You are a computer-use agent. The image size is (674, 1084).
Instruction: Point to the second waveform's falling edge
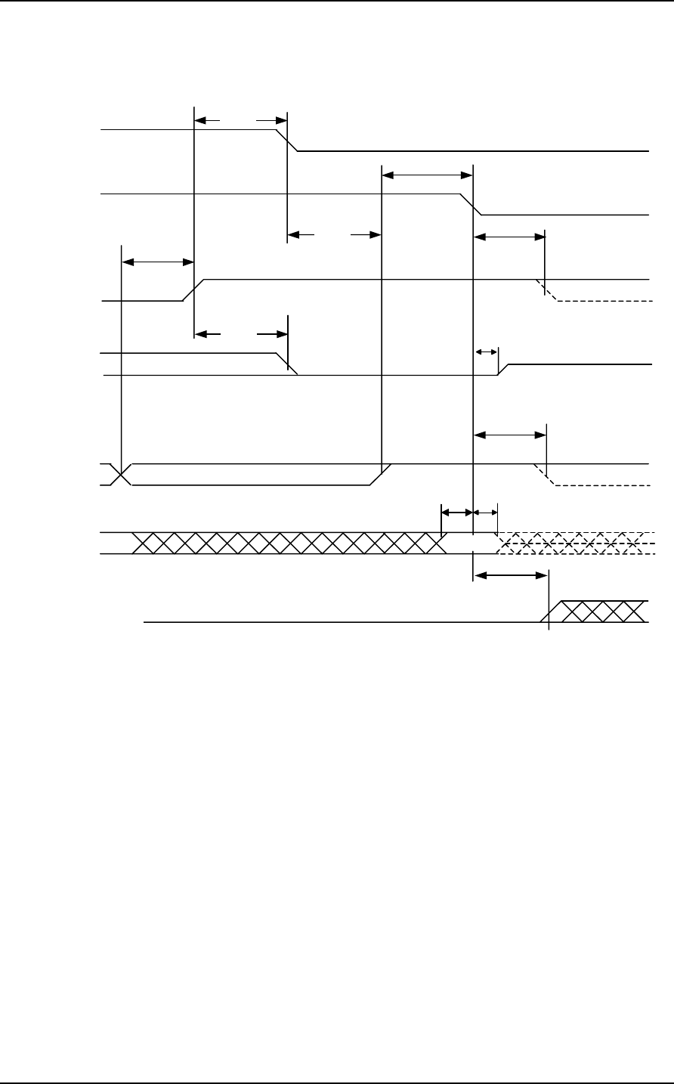click(x=472, y=204)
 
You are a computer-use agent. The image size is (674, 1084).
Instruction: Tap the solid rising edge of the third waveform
click(x=194, y=290)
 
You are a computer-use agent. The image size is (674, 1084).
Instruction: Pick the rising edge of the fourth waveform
click(x=503, y=370)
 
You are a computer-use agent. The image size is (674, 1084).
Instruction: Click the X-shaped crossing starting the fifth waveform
click(x=121, y=474)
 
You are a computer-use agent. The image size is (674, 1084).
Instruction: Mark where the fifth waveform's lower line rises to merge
click(x=380, y=474)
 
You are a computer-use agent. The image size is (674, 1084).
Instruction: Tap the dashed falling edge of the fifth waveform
click(x=546, y=474)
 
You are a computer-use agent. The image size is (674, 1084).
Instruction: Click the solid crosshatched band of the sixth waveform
click(x=287, y=543)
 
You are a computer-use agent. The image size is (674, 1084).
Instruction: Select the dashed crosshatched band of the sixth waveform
click(x=574, y=543)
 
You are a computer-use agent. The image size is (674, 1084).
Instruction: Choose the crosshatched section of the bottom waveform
click(x=601, y=612)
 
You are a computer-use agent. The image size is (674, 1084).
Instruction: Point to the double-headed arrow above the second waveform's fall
click(x=427, y=175)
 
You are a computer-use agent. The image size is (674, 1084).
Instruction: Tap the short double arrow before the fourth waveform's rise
click(x=486, y=352)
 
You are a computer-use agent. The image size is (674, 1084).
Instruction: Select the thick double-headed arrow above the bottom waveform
click(x=510, y=575)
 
